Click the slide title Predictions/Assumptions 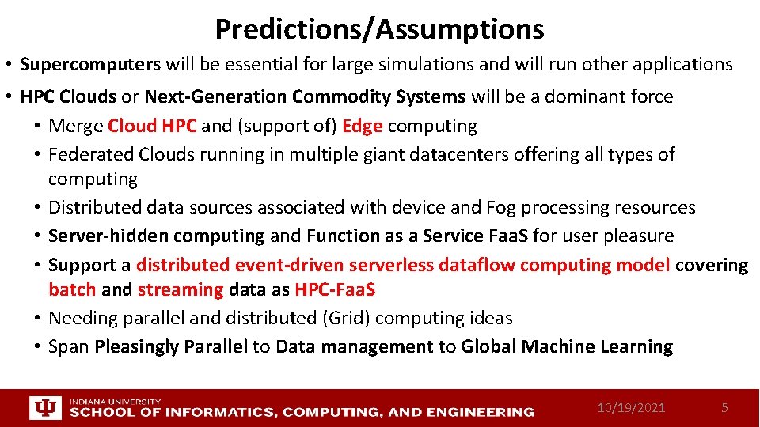tap(379, 29)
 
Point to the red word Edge tap(363, 126)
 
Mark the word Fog tap(500, 207)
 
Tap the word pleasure tap(639, 236)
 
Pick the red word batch tap(72, 289)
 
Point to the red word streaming tap(180, 289)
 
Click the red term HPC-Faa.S tap(335, 289)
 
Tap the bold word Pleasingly tap(138, 346)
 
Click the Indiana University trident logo tap(44, 408)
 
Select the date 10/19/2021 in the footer tap(631, 408)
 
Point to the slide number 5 tap(724, 408)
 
